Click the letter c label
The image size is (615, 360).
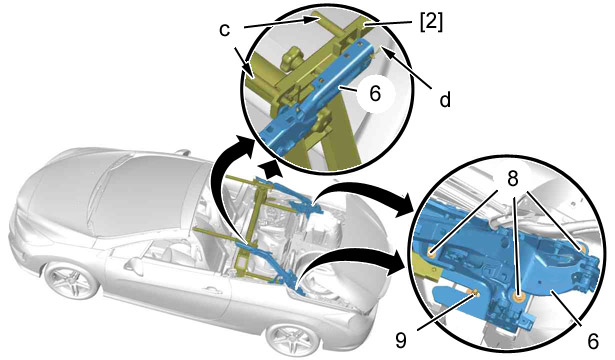pos(224,30)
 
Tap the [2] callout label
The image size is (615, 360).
pos(431,23)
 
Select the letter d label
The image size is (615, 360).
pos(445,99)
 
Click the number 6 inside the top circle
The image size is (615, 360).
pos(375,94)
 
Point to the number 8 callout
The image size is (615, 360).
pos(513,179)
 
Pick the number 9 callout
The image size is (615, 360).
pos(400,341)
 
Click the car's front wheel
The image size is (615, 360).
pos(72,279)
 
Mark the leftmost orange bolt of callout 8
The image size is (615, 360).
pos(431,255)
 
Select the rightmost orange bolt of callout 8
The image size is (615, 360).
pos(581,248)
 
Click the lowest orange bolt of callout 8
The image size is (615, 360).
pos(519,298)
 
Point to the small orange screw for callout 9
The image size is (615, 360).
pos(475,292)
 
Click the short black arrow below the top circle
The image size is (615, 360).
pos(272,169)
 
